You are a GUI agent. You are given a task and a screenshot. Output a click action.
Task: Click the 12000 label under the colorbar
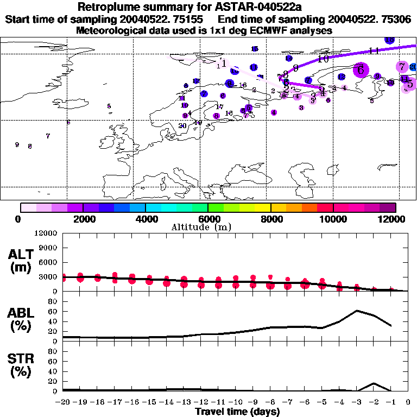(x=394, y=219)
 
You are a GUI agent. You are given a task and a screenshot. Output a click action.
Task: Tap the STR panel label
(x=21, y=365)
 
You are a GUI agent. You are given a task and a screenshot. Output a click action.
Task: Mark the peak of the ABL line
(x=357, y=311)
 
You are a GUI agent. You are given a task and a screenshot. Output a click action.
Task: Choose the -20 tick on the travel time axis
(x=63, y=402)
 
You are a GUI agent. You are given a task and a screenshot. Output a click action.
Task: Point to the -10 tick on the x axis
(x=236, y=402)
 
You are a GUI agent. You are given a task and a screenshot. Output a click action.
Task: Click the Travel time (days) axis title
(x=237, y=412)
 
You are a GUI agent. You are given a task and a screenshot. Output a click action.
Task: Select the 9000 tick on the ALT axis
(x=49, y=248)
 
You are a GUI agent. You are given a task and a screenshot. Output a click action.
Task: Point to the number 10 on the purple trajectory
(x=323, y=59)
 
